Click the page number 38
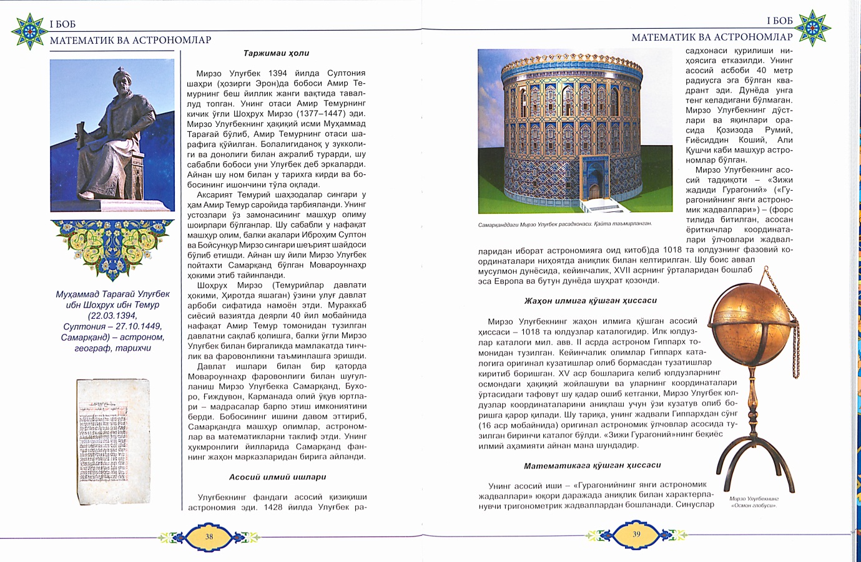pos(209,536)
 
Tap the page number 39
pos(636,534)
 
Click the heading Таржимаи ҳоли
pos(276,53)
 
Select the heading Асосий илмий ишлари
pos(277,477)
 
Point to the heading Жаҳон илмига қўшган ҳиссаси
pos(590,301)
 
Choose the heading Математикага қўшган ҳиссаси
pos(592,465)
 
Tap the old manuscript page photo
pos(113,441)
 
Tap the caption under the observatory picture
pos(564,224)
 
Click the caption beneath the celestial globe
pos(754,502)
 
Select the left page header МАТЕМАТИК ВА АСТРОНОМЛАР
pos(130,40)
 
